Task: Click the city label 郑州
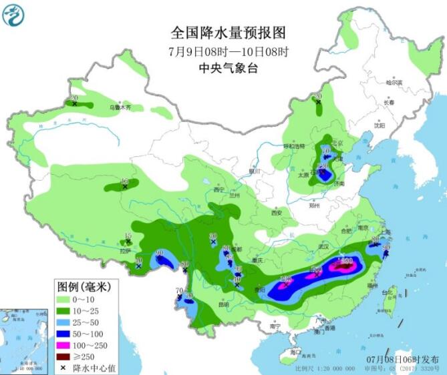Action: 315,207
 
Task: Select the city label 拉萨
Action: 124,251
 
